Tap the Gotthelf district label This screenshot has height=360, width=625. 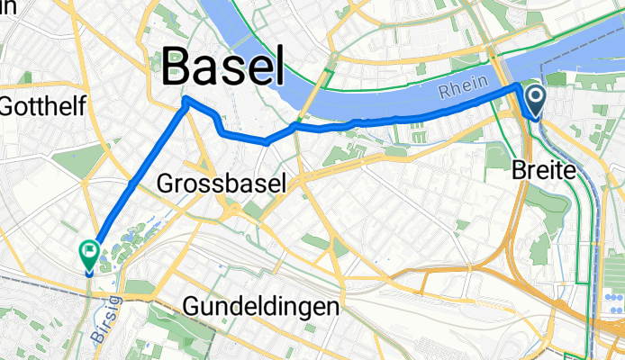coord(43,107)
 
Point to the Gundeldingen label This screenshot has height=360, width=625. coord(261,306)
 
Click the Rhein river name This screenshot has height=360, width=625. coord(464,85)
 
